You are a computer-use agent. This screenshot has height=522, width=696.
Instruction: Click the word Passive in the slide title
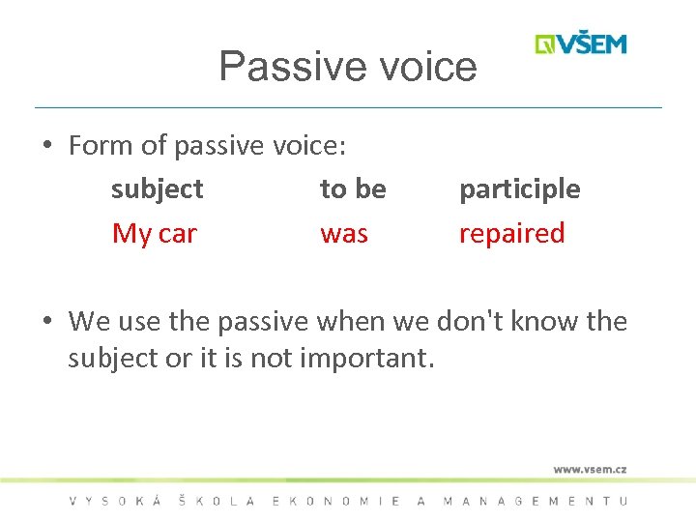[x=280, y=67]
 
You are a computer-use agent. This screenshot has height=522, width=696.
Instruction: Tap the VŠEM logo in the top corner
[x=581, y=43]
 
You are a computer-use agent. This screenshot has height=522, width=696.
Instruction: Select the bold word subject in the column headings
[x=157, y=189]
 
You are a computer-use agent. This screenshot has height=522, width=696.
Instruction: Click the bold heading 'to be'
[x=353, y=189]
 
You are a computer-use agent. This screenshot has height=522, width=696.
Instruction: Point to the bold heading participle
[x=519, y=189]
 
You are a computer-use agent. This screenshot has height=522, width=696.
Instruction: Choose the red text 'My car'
[x=155, y=233]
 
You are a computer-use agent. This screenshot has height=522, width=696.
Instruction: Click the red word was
[x=344, y=233]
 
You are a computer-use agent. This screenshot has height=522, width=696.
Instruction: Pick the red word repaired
[x=511, y=233]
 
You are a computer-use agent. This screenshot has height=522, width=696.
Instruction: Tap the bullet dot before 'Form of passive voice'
[x=46, y=147]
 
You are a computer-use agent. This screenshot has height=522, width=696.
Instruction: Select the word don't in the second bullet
[x=471, y=321]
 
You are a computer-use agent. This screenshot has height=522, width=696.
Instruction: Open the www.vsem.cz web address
[x=590, y=469]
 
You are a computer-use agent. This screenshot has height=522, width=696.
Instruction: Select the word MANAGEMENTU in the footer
[x=535, y=501]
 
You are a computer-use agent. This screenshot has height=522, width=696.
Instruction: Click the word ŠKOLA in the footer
[x=217, y=501]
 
